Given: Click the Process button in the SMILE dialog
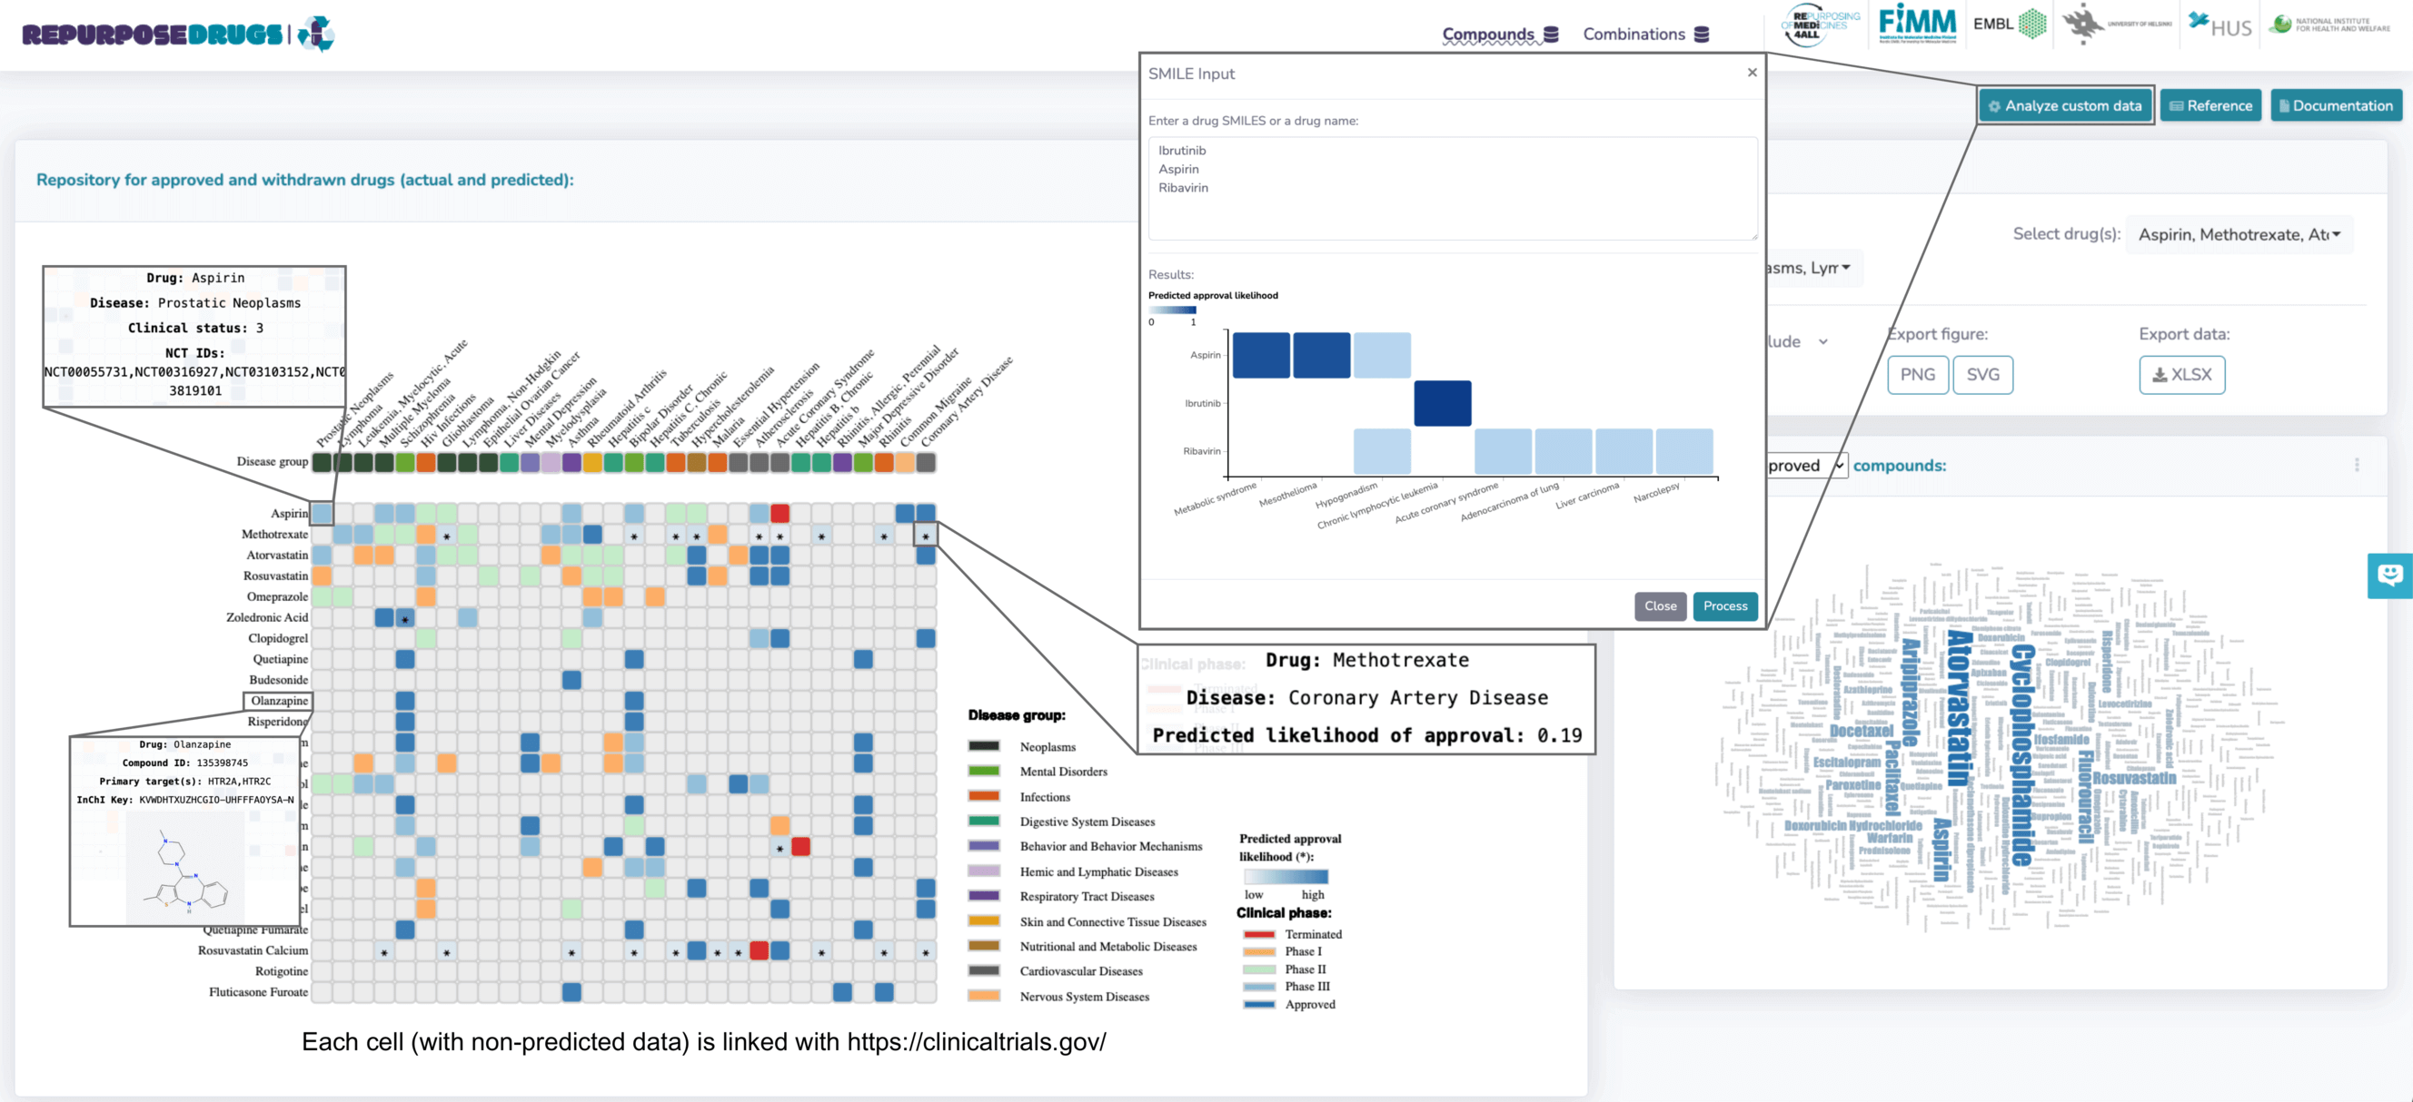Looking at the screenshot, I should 1724,605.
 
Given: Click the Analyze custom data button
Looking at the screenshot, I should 2065,106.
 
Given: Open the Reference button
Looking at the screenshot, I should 2210,106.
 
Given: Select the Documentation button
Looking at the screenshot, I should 2336,106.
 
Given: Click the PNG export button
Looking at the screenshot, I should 1917,375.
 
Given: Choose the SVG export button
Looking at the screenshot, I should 1982,375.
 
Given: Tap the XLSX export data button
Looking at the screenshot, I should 2181,375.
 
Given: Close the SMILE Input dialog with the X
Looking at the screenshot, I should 1752,72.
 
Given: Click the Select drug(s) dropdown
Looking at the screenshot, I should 2239,234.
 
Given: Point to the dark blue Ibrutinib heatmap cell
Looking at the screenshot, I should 1442,404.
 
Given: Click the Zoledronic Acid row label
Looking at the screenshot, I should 267,617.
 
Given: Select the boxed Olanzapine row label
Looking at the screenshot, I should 278,701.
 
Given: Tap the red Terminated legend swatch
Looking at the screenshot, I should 1259,934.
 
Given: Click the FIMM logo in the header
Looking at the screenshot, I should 1918,24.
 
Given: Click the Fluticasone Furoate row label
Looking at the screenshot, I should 258,991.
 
